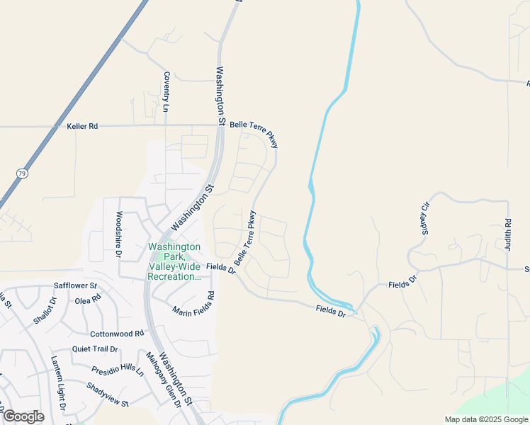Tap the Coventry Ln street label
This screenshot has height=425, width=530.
(167, 92)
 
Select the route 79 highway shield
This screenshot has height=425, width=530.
(22, 172)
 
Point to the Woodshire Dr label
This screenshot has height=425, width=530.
(119, 234)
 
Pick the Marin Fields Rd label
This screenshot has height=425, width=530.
(193, 302)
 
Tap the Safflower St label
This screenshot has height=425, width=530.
(75, 286)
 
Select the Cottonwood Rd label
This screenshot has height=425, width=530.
(117, 333)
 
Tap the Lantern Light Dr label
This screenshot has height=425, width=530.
(57, 385)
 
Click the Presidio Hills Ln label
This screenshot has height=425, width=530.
(118, 370)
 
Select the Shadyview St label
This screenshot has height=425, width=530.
(107, 395)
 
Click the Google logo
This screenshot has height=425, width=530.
(23, 416)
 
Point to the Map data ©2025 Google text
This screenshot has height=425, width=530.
(486, 419)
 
